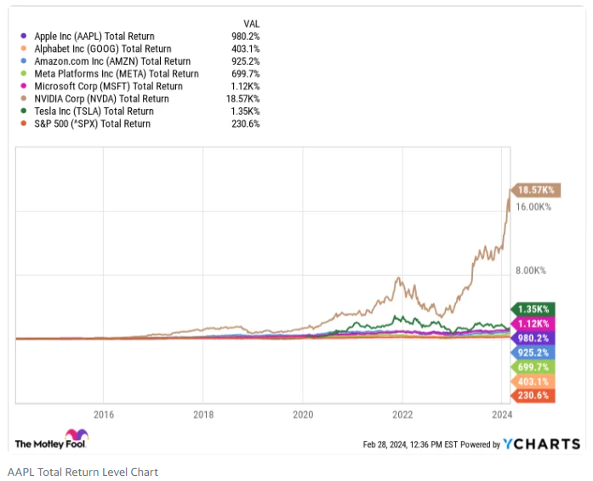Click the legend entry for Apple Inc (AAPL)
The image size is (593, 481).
94,37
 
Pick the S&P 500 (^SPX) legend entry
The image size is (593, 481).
92,124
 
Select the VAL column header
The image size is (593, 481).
251,24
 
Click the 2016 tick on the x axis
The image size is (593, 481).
103,415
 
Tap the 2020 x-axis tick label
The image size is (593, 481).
303,415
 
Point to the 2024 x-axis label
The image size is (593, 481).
502,415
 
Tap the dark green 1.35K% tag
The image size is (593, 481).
532,309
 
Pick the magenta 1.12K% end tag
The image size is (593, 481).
532,324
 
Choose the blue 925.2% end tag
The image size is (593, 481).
532,352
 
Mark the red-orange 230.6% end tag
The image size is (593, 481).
532,396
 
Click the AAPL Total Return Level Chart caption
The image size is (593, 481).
83,472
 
